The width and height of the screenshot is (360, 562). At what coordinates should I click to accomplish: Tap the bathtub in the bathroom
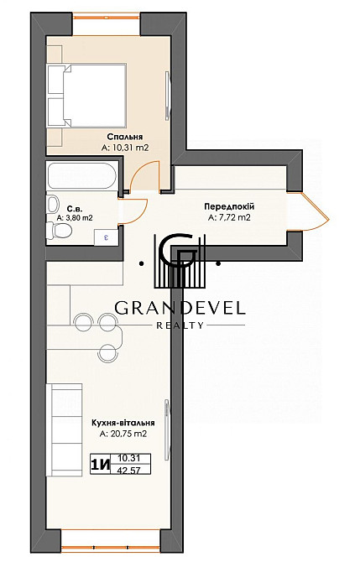84,177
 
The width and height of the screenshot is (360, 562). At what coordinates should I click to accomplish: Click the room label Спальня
124,136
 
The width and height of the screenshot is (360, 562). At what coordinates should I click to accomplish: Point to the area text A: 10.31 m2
124,147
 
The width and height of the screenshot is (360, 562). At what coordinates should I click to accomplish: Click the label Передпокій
228,206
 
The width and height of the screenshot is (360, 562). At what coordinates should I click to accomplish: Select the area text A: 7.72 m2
228,217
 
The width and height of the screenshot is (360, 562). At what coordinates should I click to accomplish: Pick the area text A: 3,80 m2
74,217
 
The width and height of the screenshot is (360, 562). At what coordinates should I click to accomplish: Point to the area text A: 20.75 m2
123,435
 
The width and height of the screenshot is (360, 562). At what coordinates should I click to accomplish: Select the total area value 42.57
129,471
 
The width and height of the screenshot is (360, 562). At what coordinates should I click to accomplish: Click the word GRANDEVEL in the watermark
180,308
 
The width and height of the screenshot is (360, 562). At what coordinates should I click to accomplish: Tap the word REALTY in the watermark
180,325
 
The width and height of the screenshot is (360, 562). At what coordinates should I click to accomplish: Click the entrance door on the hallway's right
313,210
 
